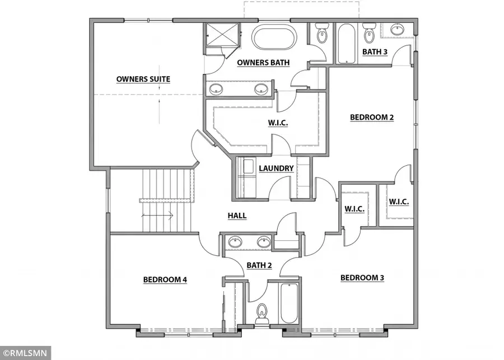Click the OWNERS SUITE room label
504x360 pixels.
143,79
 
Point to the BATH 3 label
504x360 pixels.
375,52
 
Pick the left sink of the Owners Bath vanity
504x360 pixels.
216,88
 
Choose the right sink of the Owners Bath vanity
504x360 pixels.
260,88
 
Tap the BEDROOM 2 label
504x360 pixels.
372,117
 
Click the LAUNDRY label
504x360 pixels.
276,168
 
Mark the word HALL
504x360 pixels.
237,216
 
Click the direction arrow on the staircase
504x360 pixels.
159,214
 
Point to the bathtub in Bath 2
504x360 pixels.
289,302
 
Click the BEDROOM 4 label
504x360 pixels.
165,279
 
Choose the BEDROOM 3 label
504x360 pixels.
362,278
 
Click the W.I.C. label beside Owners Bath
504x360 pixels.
278,123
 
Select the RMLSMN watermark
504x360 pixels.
25,353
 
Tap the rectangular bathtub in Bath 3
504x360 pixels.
346,43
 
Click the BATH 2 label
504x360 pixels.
259,265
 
